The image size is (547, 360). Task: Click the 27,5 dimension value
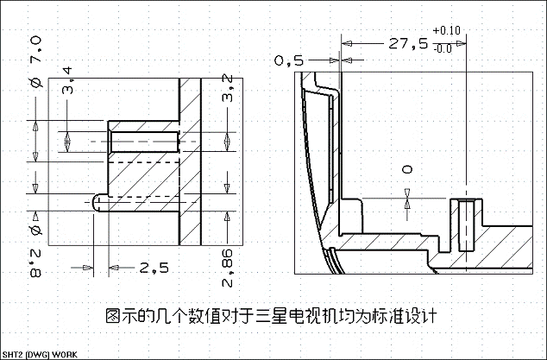point(408,42)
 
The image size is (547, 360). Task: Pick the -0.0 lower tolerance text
point(443,48)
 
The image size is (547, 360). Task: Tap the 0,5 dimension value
point(289,60)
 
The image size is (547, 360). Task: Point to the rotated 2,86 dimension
point(227,270)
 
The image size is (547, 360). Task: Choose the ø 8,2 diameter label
point(36,250)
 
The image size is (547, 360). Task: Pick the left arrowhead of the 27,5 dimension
point(346,42)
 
